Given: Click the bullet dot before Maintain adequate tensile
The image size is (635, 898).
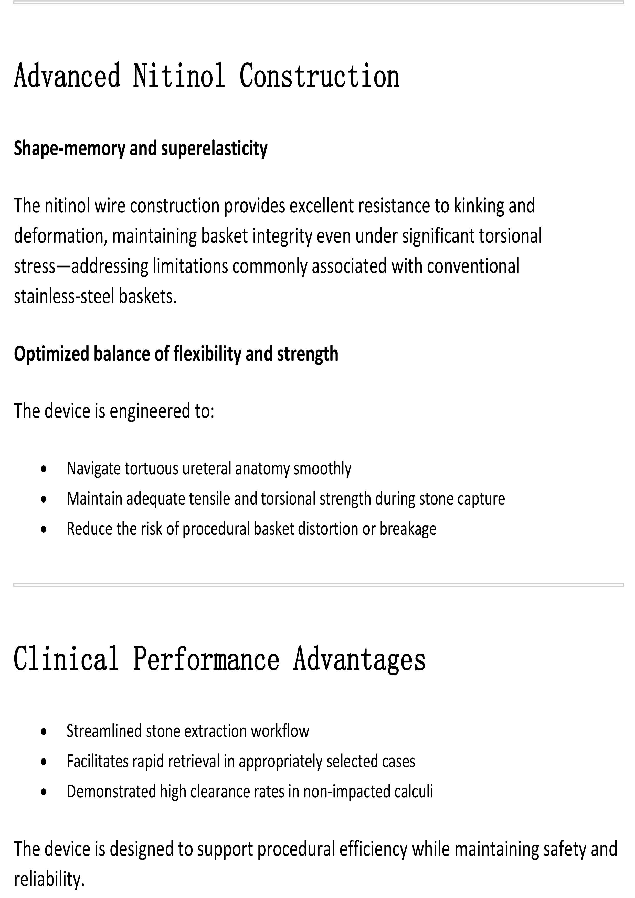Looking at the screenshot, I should (44, 499).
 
